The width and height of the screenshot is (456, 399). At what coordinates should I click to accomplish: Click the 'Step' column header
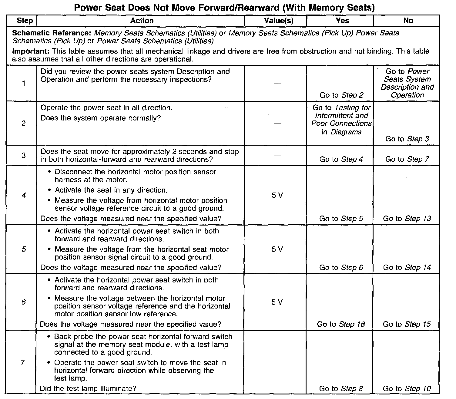tap(25, 21)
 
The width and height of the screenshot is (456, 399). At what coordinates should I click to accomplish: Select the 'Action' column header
tap(142, 21)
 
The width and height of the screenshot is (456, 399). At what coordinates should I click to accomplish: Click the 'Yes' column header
tap(342, 21)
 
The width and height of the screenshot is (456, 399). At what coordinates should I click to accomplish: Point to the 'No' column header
tap(408, 21)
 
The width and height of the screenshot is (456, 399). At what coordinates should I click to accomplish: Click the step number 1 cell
tap(24, 84)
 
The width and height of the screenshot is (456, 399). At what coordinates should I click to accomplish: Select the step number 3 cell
tap(24, 155)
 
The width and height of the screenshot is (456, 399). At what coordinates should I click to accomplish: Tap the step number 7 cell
tap(22, 362)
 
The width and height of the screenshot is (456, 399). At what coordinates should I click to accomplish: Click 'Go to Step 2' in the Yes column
tap(341, 95)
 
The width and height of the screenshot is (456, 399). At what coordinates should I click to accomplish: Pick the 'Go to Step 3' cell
tap(407, 139)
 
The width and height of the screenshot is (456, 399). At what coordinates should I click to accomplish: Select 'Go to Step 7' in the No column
tap(407, 159)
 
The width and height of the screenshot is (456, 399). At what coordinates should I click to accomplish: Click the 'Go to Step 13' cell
tap(407, 219)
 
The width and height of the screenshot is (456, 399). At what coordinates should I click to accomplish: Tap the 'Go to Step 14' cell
tap(407, 268)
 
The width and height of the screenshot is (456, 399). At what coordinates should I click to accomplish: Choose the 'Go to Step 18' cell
tap(341, 324)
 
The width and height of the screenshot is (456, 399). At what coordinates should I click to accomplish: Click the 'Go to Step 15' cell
tap(407, 324)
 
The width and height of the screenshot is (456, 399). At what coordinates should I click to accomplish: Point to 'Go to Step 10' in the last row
tap(407, 389)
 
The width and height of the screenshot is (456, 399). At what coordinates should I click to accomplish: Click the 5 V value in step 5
tap(277, 249)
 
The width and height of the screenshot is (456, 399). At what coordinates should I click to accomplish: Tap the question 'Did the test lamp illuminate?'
tap(88, 388)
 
